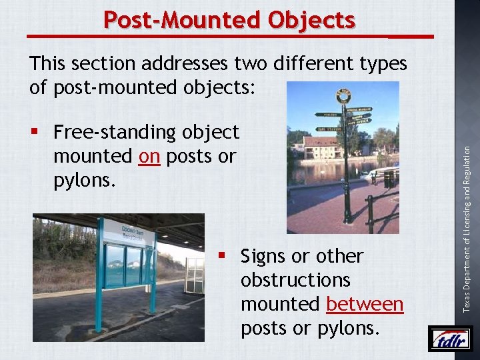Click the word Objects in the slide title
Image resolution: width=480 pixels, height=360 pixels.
(x=311, y=20)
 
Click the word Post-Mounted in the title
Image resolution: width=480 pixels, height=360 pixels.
(x=183, y=20)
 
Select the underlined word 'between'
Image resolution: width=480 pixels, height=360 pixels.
(x=365, y=304)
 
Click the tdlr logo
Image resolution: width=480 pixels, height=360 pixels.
(x=450, y=339)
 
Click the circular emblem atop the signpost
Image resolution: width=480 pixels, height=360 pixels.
(x=343, y=97)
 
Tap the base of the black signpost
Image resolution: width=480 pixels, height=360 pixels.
(x=347, y=217)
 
